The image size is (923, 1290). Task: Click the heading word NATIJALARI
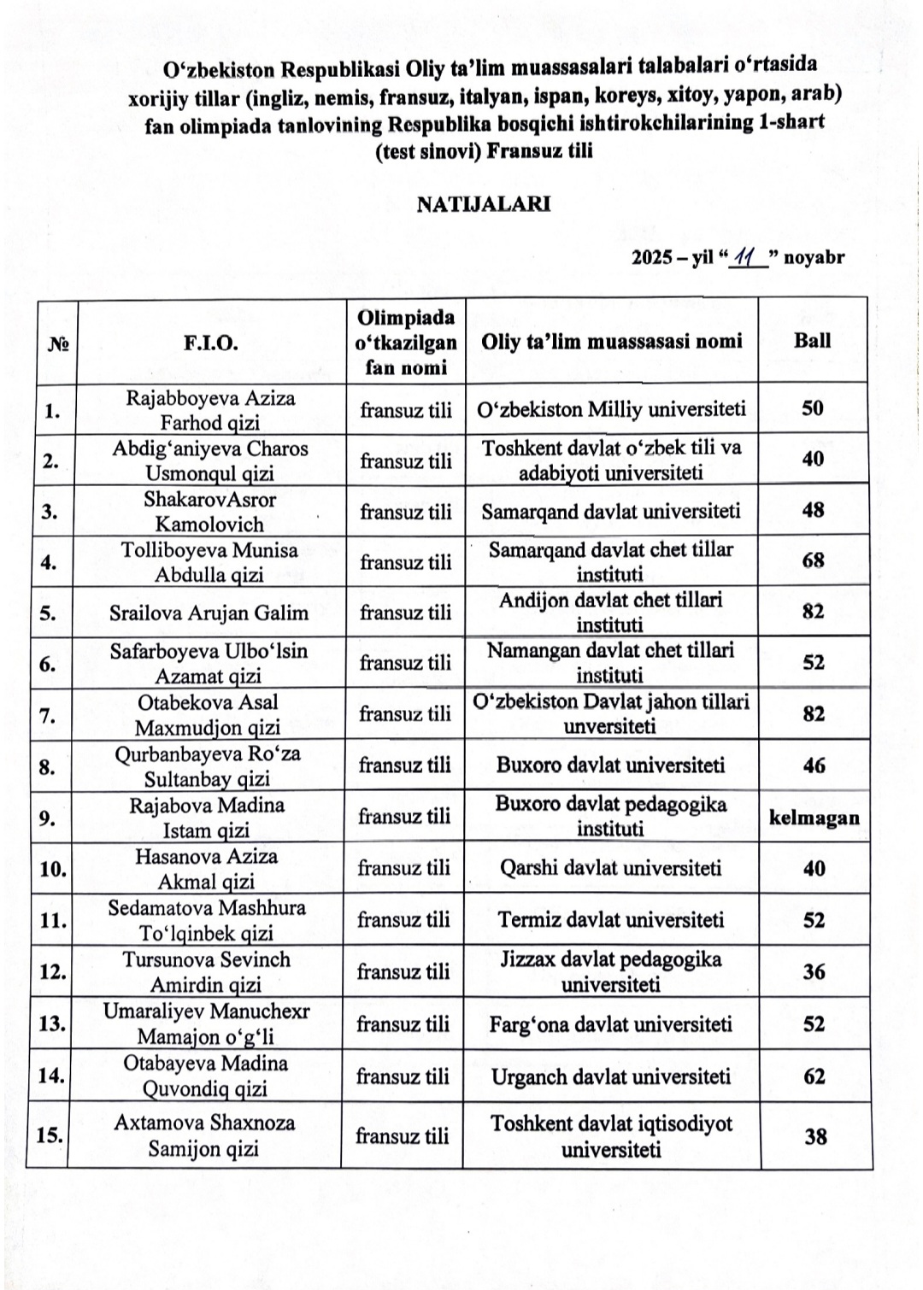pos(484,204)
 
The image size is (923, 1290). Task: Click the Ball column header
pos(812,340)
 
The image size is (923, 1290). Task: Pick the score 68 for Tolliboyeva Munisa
pos(813,560)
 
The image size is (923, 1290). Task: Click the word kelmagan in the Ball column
pos(814,818)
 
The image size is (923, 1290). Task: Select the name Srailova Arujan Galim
pos(209,613)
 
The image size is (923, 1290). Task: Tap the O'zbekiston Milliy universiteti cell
pos(612,409)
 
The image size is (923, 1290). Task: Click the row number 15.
pos(50,1135)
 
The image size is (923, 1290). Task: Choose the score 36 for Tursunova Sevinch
pos(814,971)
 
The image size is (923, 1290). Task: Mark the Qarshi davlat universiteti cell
pos(610,868)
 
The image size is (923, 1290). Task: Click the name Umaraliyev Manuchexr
pos(206,1011)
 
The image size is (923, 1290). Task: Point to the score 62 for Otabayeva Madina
pos(814,1076)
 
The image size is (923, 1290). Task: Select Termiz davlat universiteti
pos(611,920)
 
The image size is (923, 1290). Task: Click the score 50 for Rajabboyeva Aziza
pos(813,408)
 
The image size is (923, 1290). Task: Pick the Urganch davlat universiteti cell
pos(610,1076)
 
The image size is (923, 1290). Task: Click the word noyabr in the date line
pos(814,256)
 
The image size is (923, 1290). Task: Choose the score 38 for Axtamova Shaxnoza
pos(815,1136)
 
